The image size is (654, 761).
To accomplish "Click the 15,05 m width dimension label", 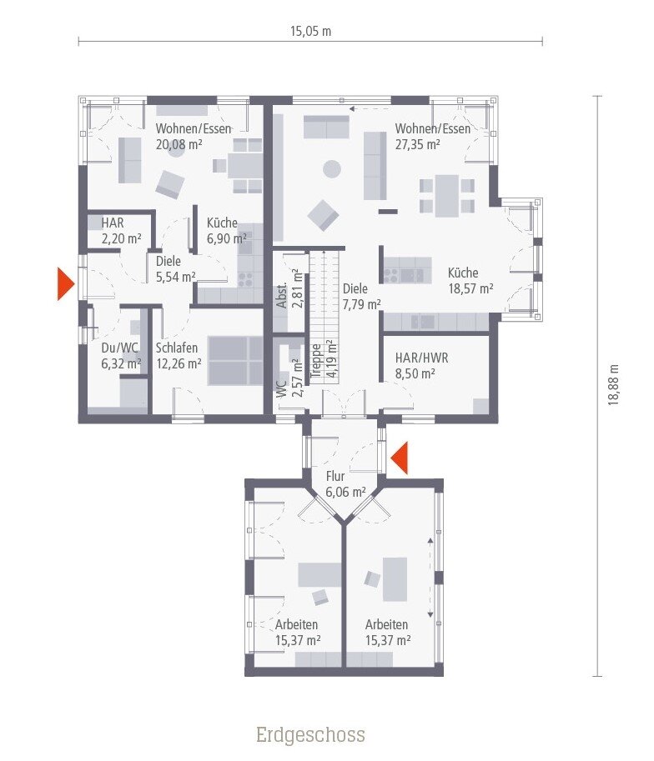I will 310,32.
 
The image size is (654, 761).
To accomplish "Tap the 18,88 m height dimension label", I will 614,385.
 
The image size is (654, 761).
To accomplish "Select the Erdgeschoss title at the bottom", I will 310,734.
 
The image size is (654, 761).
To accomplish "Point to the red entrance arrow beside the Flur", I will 399,458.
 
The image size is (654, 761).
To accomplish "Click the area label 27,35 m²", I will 418,144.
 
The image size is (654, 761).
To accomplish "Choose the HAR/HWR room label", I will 421,358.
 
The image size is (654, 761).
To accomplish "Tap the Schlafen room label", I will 176,348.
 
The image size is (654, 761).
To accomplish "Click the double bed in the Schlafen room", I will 235,360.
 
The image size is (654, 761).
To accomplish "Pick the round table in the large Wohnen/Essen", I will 332,168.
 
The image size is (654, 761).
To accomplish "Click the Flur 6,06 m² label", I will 345,484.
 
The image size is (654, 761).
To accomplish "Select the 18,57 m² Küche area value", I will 470,288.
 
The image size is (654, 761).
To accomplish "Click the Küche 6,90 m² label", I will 226,231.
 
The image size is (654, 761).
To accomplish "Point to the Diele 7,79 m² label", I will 361,296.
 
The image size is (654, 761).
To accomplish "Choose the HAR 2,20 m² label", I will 121,231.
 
